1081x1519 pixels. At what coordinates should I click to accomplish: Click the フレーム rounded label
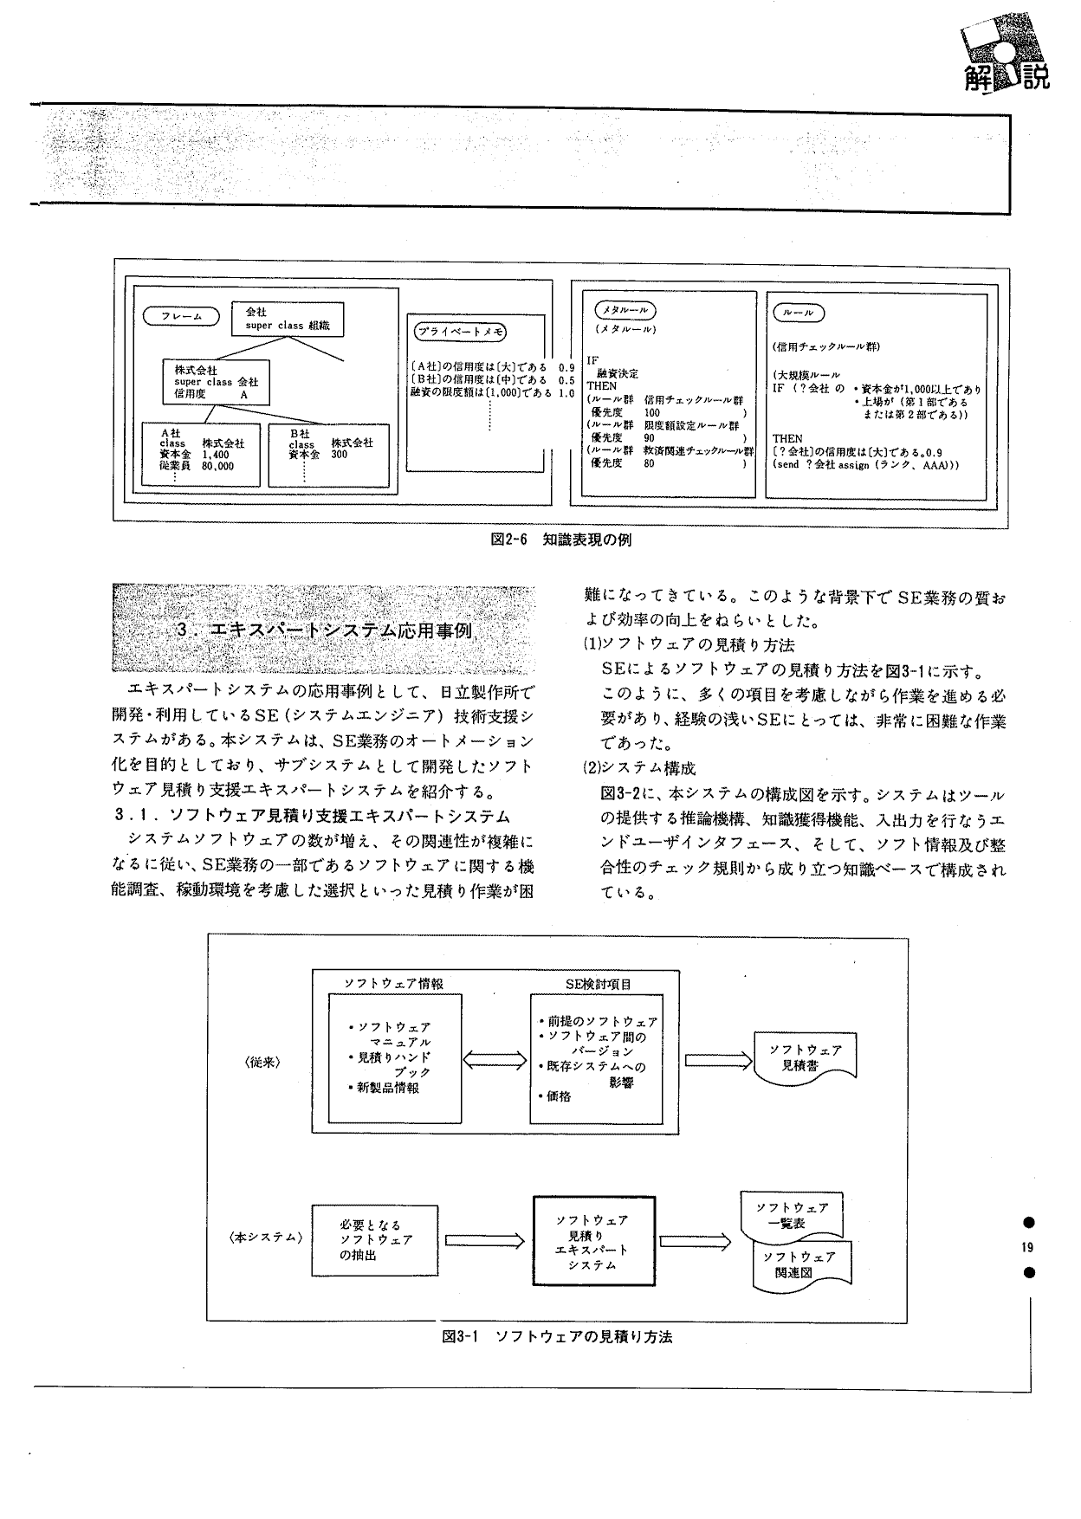click(x=182, y=317)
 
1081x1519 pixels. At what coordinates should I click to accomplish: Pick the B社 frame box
click(x=330, y=455)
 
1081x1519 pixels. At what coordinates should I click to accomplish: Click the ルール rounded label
click(x=798, y=312)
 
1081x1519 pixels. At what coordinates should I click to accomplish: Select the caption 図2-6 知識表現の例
click(x=560, y=540)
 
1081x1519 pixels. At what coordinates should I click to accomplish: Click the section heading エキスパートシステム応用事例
click(x=324, y=630)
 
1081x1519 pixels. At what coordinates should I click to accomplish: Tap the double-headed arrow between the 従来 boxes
click(x=496, y=1060)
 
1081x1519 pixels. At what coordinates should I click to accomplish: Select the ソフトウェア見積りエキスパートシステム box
click(x=593, y=1242)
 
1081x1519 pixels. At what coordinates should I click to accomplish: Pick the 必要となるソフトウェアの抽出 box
click(x=373, y=1240)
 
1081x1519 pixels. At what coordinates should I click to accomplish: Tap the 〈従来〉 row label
click(x=263, y=1061)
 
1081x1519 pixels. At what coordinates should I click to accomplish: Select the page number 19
click(x=1028, y=1247)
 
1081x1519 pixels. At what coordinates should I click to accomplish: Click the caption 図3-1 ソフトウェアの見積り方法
click(x=557, y=1337)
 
